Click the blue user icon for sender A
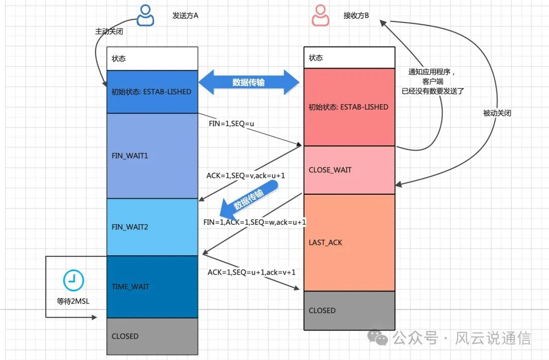(x=145, y=15)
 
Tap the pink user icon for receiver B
(x=320, y=15)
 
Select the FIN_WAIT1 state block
(x=152, y=156)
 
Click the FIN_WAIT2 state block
(x=152, y=227)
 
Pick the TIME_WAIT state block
(x=152, y=287)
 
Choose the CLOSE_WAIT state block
(x=349, y=170)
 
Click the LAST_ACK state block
(x=349, y=243)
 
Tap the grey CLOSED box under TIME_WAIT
(x=152, y=336)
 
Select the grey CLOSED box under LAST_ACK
(x=349, y=311)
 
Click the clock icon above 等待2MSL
(x=74, y=281)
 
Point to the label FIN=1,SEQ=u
(x=231, y=124)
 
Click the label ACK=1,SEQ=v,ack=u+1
(x=246, y=175)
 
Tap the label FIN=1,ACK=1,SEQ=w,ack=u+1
(x=255, y=222)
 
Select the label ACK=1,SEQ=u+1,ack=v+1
(x=252, y=272)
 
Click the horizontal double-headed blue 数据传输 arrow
(x=249, y=82)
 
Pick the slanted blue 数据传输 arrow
(x=249, y=200)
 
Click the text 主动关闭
(x=109, y=31)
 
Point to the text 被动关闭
(x=497, y=113)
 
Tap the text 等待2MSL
(x=73, y=301)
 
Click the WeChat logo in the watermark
(x=377, y=338)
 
